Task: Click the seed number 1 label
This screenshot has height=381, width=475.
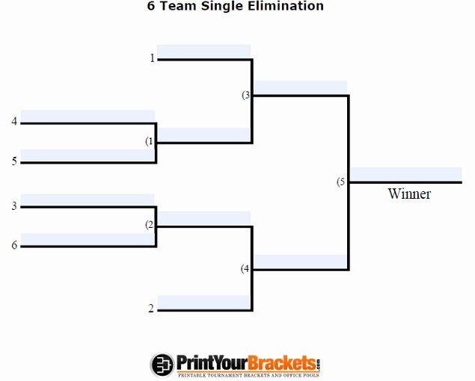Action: click(153, 58)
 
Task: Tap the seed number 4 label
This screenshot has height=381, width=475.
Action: click(14, 121)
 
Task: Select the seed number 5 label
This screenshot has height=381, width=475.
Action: click(14, 161)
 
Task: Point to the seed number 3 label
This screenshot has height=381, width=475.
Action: click(14, 206)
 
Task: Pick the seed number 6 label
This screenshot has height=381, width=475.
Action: click(14, 245)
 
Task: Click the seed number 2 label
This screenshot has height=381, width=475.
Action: click(151, 309)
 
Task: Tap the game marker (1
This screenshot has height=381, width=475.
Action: click(150, 141)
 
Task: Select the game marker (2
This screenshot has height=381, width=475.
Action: click(150, 225)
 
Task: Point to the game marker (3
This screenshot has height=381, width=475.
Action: click(245, 95)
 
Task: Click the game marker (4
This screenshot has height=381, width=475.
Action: click(245, 269)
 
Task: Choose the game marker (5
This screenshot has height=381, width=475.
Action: click(341, 182)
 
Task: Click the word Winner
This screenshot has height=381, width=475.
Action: click(409, 193)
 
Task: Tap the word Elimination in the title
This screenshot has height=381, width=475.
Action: click(292, 6)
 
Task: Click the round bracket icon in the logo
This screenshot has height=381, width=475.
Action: click(162, 365)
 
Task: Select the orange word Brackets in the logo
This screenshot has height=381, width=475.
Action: click(282, 363)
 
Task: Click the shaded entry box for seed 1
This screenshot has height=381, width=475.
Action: click(204, 52)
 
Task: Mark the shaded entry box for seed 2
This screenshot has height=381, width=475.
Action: click(204, 302)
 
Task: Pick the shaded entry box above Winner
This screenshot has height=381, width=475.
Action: click(406, 174)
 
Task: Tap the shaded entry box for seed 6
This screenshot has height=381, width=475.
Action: click(88, 239)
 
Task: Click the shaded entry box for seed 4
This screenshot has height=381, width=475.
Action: click(88, 116)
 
